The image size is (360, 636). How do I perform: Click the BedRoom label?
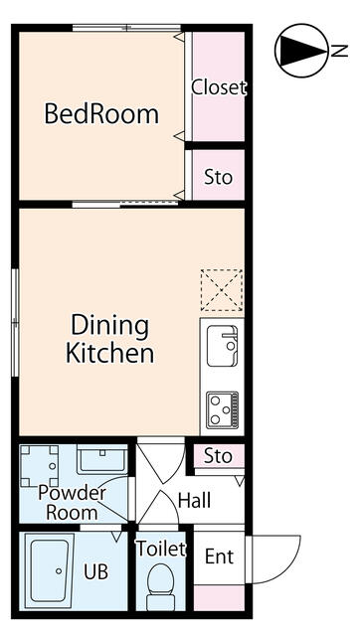coord(101,114)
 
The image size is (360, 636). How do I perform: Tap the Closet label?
coord(219,87)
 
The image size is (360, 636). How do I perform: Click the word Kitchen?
coord(109,354)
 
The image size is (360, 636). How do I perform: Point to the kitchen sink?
coord(222,346)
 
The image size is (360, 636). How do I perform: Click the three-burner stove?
coord(222,409)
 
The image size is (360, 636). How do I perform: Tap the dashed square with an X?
coord(222,290)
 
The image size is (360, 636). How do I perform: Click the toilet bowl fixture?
coord(160,585)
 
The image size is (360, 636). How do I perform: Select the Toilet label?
coord(160,549)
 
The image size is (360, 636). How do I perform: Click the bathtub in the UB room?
coord(49,570)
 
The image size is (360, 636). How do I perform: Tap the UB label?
coord(96,571)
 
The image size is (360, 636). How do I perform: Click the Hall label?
coord(194,501)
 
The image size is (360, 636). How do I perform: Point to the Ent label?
coord(219,556)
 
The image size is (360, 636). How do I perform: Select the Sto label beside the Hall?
coord(218,456)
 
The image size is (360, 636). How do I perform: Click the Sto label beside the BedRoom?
coord(219,177)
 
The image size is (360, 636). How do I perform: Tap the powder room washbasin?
coord(101,459)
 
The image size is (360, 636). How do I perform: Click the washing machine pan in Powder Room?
coord(40,466)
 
